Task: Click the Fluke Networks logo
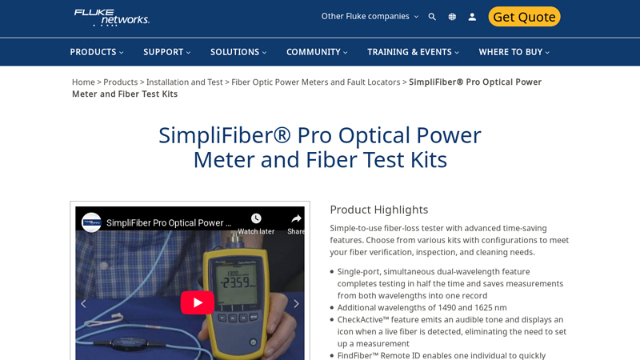coord(111,17)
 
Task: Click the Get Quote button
coord(524,17)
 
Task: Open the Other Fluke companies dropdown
coord(370,16)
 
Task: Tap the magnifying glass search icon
coord(432,17)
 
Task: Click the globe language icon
coord(452,17)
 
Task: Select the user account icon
coord(472,17)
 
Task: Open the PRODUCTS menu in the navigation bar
coord(96,52)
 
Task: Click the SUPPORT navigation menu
coord(166,52)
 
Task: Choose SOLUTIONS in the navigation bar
coord(238,52)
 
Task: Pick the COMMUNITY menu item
coord(317,52)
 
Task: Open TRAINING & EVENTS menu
coord(413,52)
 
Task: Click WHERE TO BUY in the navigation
coord(514,52)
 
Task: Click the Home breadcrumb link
coord(83,82)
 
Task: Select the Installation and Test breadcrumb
coord(184,82)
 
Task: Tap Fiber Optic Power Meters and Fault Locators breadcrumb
coord(316,82)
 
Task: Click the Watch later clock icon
coord(256,219)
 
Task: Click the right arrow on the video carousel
coord(296,304)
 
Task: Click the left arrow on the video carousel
coord(83,304)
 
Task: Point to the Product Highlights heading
coord(378,210)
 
